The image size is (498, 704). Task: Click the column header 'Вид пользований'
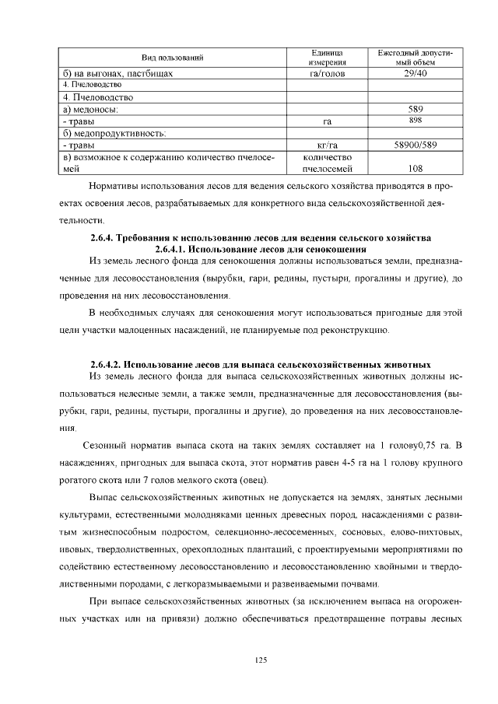click(x=172, y=58)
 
